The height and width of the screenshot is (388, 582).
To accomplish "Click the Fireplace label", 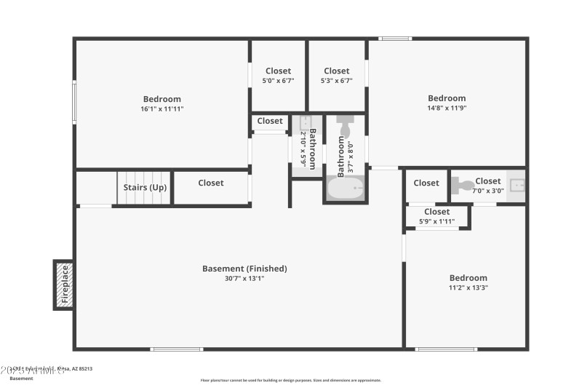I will click(x=64, y=284).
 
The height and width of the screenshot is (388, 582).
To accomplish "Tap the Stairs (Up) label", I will click(x=145, y=188).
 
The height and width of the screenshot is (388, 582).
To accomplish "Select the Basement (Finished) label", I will click(x=244, y=269).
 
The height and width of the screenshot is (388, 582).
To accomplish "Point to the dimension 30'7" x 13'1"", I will click(x=244, y=278).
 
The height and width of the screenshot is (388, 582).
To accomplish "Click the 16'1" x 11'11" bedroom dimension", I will click(x=162, y=109).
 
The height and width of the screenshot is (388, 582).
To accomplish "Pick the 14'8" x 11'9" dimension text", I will click(x=447, y=108).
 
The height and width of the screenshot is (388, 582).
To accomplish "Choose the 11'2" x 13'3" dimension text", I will click(x=468, y=288).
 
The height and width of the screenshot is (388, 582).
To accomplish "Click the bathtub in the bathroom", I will click(x=345, y=189).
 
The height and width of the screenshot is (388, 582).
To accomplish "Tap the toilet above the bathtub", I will click(x=345, y=127).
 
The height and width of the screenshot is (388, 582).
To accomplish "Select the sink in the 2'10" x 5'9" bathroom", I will click(x=306, y=122).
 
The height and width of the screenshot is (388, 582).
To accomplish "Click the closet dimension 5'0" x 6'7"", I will click(x=278, y=81).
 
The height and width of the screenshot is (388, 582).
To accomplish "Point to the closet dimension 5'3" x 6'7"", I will click(x=337, y=81).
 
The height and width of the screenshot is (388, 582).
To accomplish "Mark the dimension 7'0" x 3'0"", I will click(x=487, y=191).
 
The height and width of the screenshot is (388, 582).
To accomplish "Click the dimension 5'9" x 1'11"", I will click(x=436, y=221).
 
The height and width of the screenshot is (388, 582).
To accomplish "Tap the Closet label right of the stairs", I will click(x=211, y=183).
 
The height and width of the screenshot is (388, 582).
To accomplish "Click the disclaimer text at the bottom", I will click(x=290, y=380).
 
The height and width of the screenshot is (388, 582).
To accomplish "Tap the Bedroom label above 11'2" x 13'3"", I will click(x=468, y=278).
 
